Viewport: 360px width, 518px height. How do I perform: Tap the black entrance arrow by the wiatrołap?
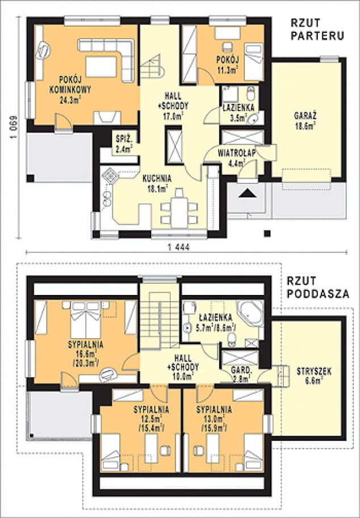click(248, 193)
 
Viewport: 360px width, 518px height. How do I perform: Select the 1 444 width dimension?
click(179, 247)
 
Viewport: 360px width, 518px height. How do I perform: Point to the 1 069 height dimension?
click(14, 127)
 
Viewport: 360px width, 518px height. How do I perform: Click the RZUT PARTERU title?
click(317, 29)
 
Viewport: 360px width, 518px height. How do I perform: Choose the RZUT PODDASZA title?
click(317, 287)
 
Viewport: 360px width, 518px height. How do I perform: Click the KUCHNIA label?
click(157, 179)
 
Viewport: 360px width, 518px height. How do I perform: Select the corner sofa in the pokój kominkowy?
click(106, 60)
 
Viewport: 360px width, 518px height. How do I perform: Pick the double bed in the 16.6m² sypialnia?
click(86, 319)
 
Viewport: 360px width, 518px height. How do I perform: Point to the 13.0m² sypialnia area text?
click(214, 419)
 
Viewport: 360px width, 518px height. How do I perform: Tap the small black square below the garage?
click(267, 234)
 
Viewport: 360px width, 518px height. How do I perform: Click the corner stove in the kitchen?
click(110, 175)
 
